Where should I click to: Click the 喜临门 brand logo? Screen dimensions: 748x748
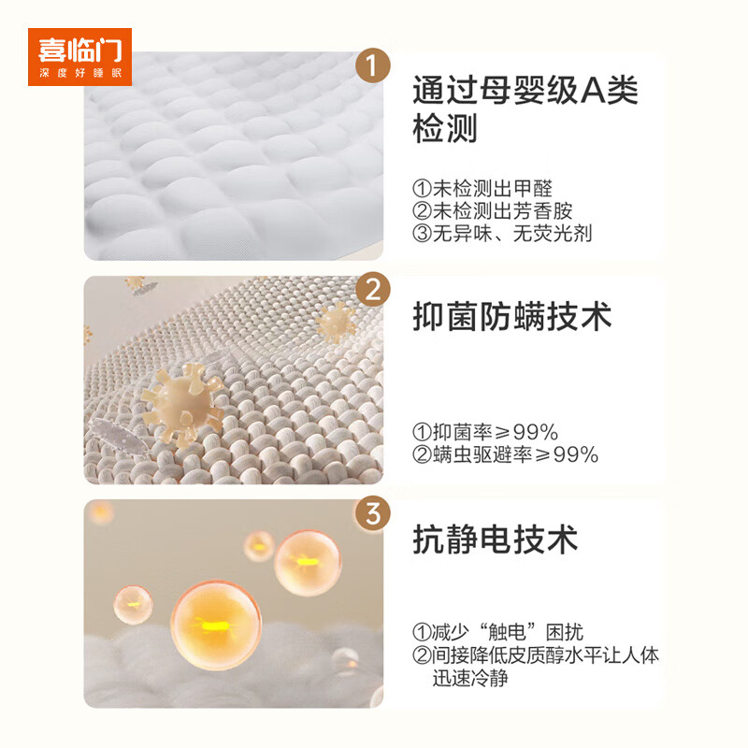(x=85, y=56)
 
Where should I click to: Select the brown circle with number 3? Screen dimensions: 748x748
(x=373, y=514)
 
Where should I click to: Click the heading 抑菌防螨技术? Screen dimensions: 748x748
(x=512, y=317)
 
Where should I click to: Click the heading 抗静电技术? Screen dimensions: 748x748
(x=496, y=539)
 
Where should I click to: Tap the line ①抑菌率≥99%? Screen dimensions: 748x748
(x=485, y=432)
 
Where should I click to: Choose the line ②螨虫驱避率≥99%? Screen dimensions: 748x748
(x=505, y=455)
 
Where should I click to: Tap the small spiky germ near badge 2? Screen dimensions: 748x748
(x=334, y=322)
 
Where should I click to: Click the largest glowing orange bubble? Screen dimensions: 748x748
(x=216, y=624)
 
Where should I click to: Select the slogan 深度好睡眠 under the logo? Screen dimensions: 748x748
(x=85, y=72)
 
